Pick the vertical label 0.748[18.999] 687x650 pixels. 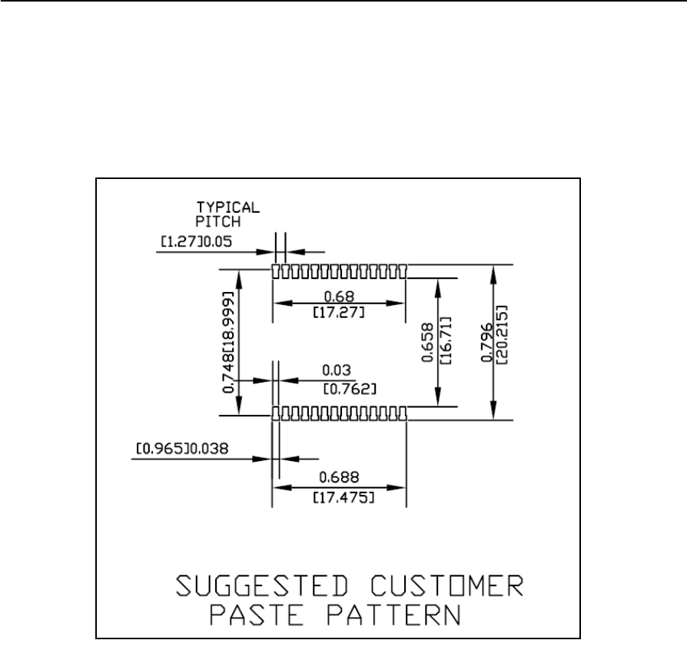coord(229,343)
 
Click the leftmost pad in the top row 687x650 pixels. coord(275,271)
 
